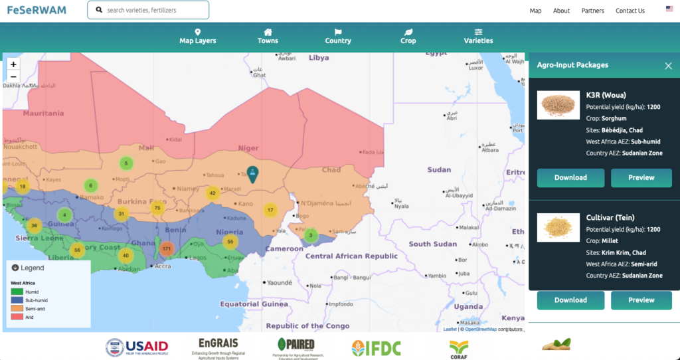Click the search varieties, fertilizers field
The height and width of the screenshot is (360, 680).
click(x=153, y=10)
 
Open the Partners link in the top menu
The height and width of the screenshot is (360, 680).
click(x=592, y=11)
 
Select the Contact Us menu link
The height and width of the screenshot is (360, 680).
click(x=630, y=11)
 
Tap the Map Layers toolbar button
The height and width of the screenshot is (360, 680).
click(x=197, y=37)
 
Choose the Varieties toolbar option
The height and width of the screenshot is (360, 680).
click(x=478, y=37)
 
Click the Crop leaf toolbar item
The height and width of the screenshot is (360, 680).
click(x=408, y=37)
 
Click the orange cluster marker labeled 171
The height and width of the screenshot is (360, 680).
click(x=166, y=248)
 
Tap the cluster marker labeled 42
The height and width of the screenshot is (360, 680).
click(x=212, y=193)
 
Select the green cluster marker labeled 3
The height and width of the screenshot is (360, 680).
click(x=310, y=235)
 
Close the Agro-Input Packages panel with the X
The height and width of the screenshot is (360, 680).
click(x=668, y=66)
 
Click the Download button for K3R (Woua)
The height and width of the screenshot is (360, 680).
click(x=570, y=177)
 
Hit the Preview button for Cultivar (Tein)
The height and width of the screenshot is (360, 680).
click(x=641, y=300)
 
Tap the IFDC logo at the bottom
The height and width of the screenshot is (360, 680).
click(x=376, y=347)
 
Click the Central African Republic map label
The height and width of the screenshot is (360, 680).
click(x=351, y=256)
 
